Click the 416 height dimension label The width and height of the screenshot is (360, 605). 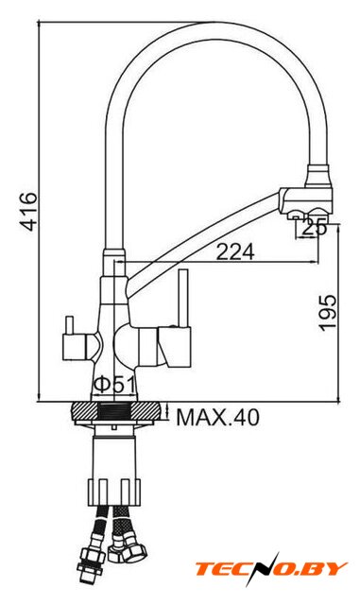coord(29,211)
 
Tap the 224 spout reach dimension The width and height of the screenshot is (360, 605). coord(234,252)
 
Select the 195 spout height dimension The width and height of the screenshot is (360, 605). coord(327,312)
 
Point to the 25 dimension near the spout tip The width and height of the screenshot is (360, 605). coord(314,227)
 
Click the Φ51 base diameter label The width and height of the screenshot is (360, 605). coord(115,385)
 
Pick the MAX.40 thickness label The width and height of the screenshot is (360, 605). coord(217,417)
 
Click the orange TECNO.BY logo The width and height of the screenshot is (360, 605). coord(271,569)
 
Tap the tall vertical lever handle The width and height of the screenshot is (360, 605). coord(183,298)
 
